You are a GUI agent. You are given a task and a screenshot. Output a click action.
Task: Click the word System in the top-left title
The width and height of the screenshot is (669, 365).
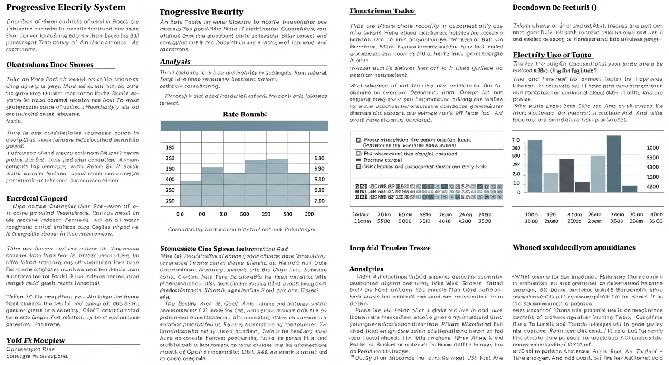[x=109, y=7]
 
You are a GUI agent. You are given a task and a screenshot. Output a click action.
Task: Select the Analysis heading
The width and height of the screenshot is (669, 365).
[x=175, y=62]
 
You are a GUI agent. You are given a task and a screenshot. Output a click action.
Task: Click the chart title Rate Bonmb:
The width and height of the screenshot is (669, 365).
[x=245, y=114]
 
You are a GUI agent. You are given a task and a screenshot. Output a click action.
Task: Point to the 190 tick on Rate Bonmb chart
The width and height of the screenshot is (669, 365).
[x=170, y=148]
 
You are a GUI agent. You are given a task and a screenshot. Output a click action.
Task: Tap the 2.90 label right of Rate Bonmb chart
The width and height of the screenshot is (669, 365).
[x=319, y=201]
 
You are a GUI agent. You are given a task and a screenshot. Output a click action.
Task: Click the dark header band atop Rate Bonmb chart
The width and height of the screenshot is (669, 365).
[x=244, y=125]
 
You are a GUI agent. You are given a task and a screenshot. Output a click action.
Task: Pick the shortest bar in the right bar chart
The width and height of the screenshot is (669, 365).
[x=630, y=189]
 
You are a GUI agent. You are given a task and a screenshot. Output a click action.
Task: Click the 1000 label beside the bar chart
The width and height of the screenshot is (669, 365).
[x=653, y=148]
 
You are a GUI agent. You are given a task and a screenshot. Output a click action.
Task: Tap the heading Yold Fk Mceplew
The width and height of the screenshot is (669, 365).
[x=36, y=340]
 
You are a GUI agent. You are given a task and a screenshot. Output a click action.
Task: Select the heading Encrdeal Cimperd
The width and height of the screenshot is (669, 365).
[x=37, y=198]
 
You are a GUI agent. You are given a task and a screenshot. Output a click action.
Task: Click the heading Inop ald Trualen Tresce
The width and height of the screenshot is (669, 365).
[x=383, y=248]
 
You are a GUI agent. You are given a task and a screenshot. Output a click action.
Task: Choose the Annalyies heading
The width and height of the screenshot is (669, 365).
[x=366, y=269]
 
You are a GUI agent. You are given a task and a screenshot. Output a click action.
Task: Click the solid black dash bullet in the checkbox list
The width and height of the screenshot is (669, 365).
[x=358, y=160]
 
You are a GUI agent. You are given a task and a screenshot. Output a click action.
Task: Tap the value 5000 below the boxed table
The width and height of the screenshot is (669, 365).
[x=405, y=221]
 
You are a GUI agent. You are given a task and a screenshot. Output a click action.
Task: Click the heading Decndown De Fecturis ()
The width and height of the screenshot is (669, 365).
[x=554, y=8]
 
